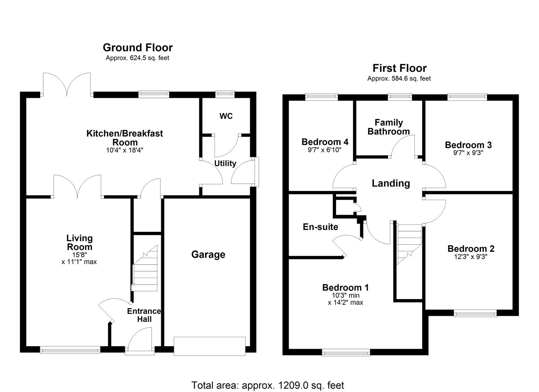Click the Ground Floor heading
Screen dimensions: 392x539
138,48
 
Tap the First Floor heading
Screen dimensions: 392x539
399,68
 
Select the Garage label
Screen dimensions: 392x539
208,254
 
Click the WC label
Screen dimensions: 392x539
226,116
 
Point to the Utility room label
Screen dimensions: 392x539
225,163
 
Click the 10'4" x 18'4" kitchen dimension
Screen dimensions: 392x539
125,150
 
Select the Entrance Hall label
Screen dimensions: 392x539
144,315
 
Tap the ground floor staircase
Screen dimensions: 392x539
145,269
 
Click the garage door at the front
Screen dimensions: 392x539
209,346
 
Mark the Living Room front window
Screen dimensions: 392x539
70,350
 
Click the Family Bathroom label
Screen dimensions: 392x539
388,127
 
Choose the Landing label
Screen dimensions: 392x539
391,183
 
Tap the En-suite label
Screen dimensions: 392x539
320,227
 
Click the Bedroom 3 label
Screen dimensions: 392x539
468,145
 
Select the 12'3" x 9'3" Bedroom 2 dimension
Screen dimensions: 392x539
470,257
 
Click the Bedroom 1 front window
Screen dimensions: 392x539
346,352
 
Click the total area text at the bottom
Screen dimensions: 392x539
268,385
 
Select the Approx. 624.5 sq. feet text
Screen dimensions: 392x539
137,58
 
